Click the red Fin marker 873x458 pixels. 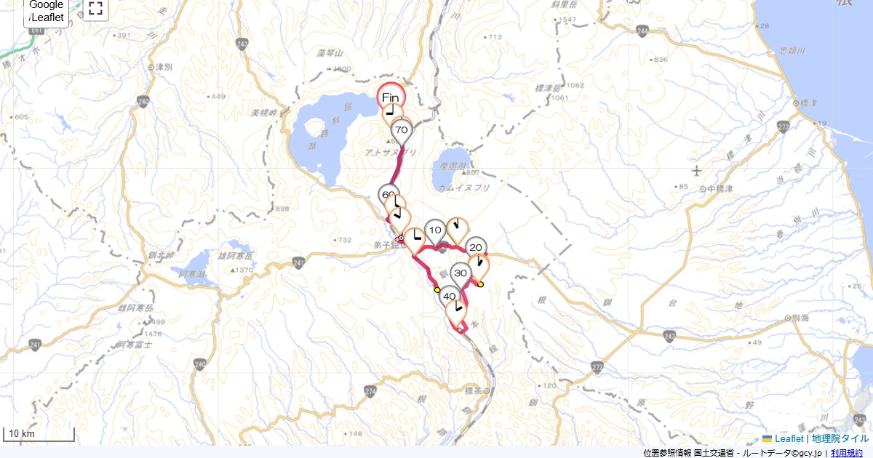pyautogui.click(x=391, y=97)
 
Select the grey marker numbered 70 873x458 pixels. pyautogui.click(x=401, y=130)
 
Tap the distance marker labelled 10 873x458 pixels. pyautogui.click(x=435, y=230)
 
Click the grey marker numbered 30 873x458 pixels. pyautogui.click(x=461, y=273)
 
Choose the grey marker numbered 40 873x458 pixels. pyautogui.click(x=450, y=296)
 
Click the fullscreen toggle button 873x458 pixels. pyautogui.click(x=95, y=9)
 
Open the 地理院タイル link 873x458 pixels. pyautogui.click(x=840, y=438)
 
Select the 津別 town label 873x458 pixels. pyautogui.click(x=164, y=66)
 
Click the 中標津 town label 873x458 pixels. pyautogui.click(x=717, y=188)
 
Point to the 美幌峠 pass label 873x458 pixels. pyautogui.click(x=265, y=113)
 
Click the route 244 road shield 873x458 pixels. pyautogui.click(x=642, y=31)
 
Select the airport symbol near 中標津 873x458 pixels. pyautogui.click(x=697, y=171)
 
